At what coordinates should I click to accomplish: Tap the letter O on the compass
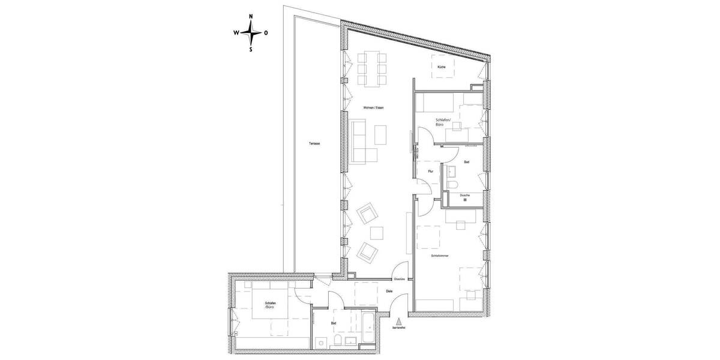266,34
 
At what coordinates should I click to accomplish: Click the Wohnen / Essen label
373,107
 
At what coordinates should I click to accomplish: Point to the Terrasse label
314,144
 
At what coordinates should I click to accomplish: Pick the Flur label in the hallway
430,172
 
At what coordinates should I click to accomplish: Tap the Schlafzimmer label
440,256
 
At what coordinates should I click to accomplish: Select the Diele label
389,292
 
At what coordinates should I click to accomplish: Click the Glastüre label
400,280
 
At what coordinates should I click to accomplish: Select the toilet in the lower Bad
338,343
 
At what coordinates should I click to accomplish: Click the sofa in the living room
358,142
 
